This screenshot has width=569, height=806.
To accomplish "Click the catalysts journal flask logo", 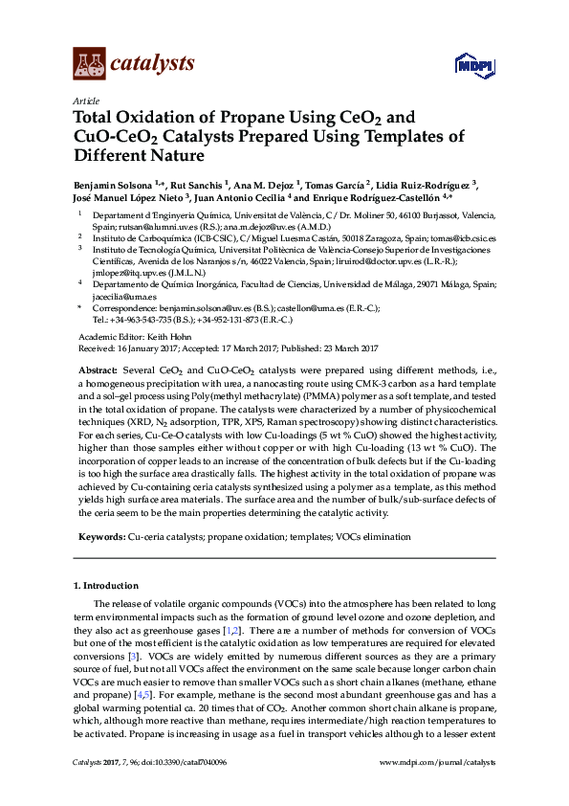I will coord(89,64).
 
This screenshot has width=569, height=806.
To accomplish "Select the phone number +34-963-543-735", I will coord(149,320).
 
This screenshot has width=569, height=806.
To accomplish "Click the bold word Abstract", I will coord(98,369).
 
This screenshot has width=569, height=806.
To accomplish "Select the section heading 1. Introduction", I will coord(105,584).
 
